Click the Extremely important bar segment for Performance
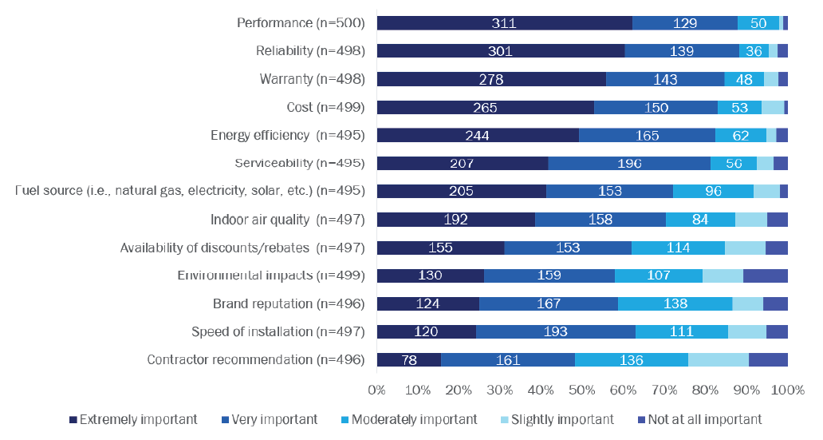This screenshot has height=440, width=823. click(x=504, y=23)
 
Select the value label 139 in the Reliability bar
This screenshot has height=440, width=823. click(x=681, y=51)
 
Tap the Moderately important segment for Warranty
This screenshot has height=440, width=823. click(x=743, y=79)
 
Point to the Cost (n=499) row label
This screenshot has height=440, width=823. click(x=325, y=107)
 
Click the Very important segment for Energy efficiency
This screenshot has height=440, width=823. click(x=647, y=135)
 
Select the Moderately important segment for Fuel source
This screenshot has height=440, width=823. click(x=713, y=191)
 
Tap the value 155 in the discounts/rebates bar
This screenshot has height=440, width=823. click(x=439, y=248)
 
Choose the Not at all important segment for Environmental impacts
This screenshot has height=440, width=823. click(x=765, y=275)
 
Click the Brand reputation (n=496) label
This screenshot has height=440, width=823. click(x=289, y=303)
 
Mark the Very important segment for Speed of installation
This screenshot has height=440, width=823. click(x=555, y=331)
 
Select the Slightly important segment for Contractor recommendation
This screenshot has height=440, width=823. click(x=718, y=359)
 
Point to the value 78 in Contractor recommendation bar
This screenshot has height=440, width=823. click(x=408, y=359)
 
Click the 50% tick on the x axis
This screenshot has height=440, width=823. click(x=581, y=390)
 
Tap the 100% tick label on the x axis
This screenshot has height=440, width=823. click(x=787, y=390)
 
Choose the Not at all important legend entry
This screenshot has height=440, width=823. click(x=699, y=419)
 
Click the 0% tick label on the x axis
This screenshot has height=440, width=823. click(x=376, y=390)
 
